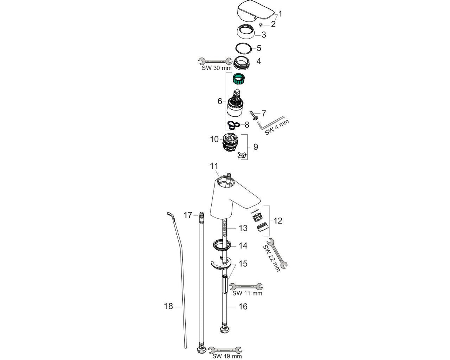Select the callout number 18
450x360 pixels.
(168, 306)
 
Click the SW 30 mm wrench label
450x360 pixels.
(216, 68)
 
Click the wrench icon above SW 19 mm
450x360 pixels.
(225, 350)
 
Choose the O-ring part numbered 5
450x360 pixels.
(243, 48)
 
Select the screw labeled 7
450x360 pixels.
(253, 115)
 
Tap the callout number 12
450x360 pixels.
(278, 221)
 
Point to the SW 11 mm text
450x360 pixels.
(247, 293)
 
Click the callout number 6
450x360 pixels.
(220, 101)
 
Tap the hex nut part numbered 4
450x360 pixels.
(244, 62)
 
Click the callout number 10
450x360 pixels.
(214, 139)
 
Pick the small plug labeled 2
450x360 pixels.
(261, 25)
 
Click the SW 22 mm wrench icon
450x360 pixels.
(277, 253)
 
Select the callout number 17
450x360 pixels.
(188, 215)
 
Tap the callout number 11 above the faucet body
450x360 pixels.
(214, 166)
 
